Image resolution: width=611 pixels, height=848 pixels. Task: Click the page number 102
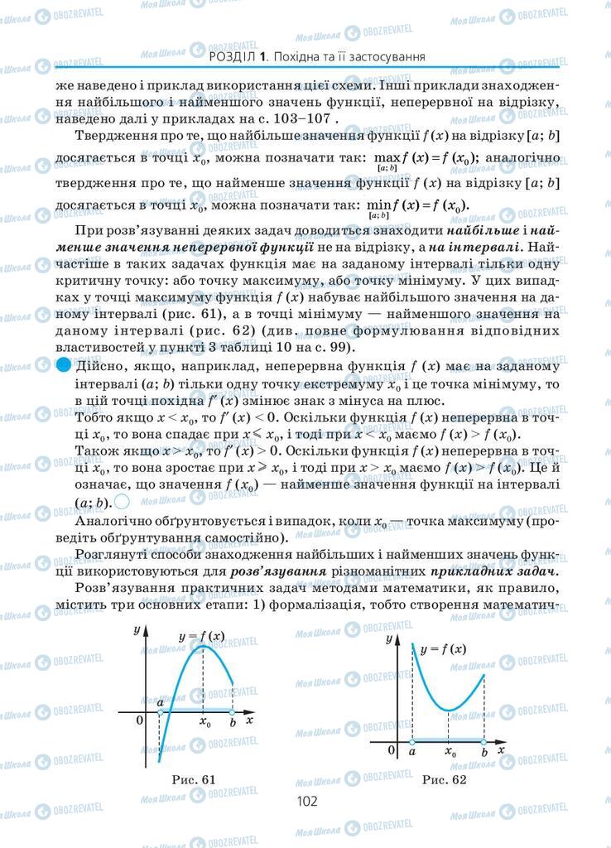306,801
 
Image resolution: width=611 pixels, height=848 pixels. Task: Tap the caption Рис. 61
193,778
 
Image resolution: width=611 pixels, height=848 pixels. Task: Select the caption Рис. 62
444,779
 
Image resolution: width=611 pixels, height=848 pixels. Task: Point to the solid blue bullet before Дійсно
64,366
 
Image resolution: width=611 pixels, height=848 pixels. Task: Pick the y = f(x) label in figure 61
201,636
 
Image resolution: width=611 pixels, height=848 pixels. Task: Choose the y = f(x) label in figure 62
442,649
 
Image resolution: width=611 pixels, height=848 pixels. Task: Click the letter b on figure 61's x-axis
233,722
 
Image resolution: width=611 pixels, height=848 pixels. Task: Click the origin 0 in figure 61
140,720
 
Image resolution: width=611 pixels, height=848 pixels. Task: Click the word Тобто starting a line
92,419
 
